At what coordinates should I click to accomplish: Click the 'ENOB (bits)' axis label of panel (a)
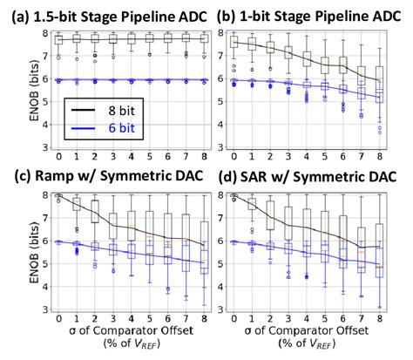[13, 87]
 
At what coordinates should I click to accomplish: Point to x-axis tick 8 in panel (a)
[204, 158]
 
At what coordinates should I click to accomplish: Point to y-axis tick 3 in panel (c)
[31, 309]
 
